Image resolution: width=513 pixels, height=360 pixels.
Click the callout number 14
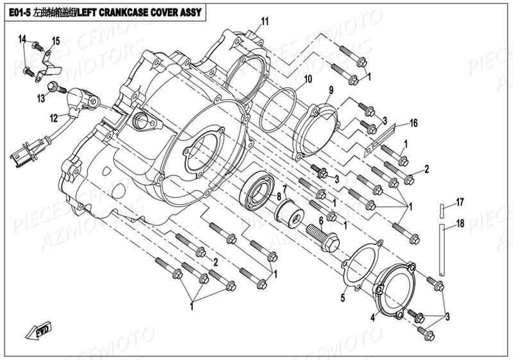point(22,40)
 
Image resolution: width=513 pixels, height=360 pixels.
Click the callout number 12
point(54,117)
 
